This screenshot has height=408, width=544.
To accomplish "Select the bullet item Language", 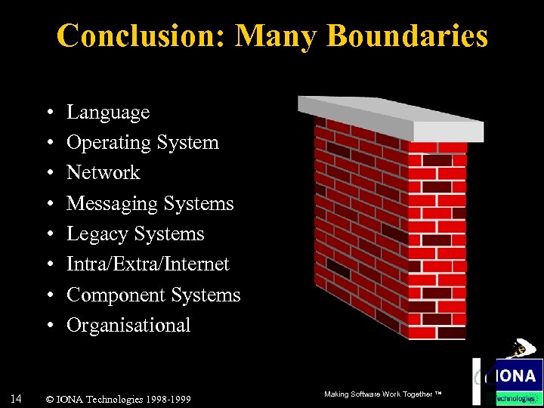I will pos(108,113).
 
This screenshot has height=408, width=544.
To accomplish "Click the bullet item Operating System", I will pos(143,143).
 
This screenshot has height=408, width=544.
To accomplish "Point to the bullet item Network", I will pos(104,173).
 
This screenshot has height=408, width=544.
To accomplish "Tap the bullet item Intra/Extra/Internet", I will pos(148,264).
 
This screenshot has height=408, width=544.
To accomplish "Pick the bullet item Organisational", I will pos(128,326).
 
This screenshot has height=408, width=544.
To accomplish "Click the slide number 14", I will pos(17,397).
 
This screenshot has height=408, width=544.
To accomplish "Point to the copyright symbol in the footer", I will pos(49,398).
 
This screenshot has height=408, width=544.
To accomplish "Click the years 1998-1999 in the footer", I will pos(165,398).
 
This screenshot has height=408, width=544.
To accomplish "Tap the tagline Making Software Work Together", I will pos(382,394).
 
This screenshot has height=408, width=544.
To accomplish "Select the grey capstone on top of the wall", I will pos(390,118).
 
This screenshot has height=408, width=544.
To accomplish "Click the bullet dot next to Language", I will pos(48,113).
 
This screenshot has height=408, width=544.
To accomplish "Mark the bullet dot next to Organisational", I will pos(48,326).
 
